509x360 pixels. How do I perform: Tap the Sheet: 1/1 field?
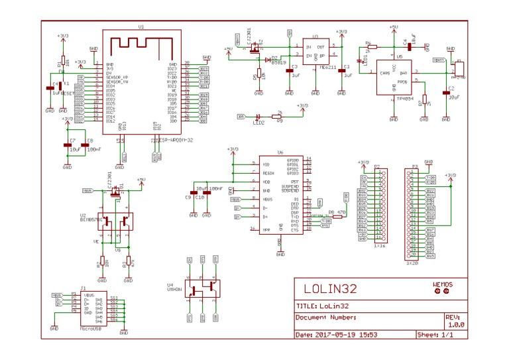coord(435,335)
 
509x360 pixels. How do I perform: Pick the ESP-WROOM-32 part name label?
coord(174,141)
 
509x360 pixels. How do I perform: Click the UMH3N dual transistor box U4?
coord(202,288)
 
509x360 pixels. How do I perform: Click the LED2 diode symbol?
coord(258,117)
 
